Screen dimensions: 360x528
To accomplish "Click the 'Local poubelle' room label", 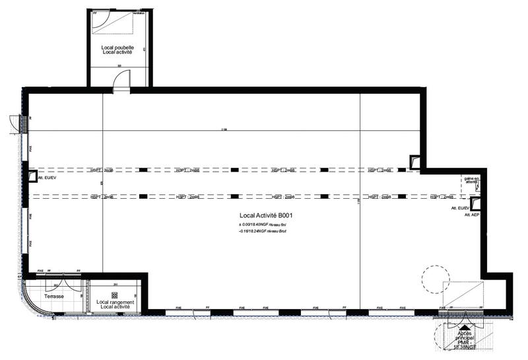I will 117,47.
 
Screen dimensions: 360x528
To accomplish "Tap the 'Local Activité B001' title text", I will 267,216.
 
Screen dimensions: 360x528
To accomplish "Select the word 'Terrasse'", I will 54,297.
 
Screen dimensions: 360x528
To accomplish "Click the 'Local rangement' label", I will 115,302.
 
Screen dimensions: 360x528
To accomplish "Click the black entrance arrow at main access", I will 465,326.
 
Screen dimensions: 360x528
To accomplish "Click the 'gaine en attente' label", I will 473,180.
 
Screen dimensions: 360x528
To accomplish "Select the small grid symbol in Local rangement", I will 115,295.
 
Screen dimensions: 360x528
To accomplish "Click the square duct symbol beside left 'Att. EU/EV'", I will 32,176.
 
